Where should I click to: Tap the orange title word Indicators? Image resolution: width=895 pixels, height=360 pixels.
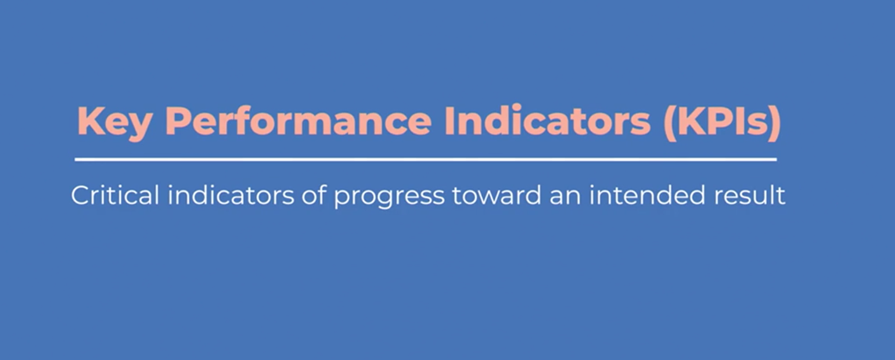coord(547,120)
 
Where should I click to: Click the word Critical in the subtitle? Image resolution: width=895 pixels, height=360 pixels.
coord(115,195)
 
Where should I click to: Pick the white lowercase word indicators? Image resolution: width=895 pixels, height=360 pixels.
coord(231,195)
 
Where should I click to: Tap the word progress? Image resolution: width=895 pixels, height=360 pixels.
coord(389,197)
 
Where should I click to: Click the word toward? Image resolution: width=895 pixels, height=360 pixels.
coord(497,195)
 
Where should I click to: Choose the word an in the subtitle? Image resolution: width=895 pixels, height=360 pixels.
coord(565,197)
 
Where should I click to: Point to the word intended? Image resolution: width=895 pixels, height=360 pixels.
coord(646,195)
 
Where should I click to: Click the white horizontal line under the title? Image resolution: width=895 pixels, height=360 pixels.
coord(426,160)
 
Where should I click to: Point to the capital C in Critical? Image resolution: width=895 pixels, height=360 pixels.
coord(81,195)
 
